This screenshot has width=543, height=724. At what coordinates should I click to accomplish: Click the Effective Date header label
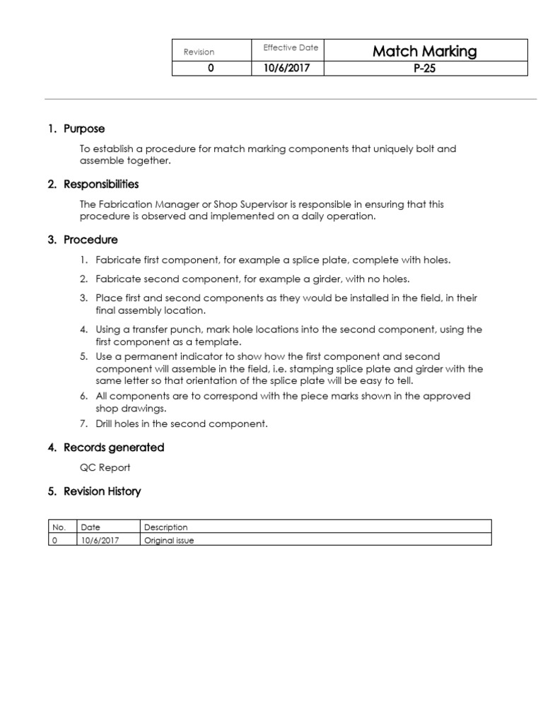pos(291,48)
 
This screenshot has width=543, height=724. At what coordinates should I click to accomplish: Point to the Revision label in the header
pos(199,52)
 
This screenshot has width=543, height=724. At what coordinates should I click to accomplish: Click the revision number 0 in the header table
pos(210,69)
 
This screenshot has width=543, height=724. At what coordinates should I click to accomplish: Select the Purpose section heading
pos(83,129)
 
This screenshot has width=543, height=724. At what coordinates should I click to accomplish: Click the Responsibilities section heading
pos(101,184)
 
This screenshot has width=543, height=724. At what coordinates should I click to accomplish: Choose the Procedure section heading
pos(90,240)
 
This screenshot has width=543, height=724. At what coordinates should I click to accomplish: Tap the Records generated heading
pos(114,448)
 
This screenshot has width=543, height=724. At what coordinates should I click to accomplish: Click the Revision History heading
pos(103,491)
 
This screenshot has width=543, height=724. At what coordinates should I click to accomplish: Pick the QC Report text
pos(105,467)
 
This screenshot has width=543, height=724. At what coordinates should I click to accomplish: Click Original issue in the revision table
pos(169,540)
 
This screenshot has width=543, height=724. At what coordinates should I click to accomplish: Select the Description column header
pos(166,527)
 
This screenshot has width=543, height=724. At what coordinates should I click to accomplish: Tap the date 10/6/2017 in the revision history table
pos(100,540)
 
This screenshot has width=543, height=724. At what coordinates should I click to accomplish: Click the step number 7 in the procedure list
pos(83,424)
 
